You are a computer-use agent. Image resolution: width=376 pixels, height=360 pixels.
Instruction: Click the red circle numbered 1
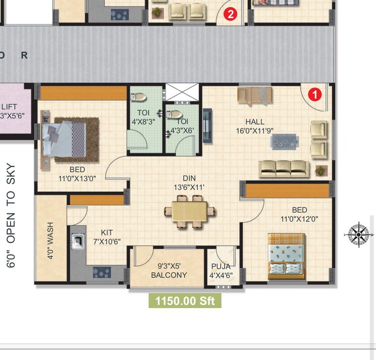click(314, 94)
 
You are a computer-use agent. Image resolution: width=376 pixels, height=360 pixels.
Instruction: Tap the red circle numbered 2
click(231, 14)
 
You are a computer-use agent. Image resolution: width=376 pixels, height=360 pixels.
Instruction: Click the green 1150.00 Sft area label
click(185, 301)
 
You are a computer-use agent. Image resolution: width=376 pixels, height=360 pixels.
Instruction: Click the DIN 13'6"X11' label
click(189, 183)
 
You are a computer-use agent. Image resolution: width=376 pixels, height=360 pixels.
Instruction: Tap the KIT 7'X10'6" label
click(107, 237)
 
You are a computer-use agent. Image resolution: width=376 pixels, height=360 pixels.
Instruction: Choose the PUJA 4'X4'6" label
click(221, 271)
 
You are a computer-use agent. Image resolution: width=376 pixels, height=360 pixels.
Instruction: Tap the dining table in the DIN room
click(189, 211)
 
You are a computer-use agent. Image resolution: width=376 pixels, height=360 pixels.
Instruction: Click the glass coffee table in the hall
click(285, 141)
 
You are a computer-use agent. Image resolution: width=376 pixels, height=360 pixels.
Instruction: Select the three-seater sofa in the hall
click(284, 169)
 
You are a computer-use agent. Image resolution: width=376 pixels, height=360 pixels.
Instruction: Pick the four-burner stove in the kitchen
click(101, 273)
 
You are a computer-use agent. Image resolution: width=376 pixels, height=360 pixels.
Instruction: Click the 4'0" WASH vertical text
click(50, 245)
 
